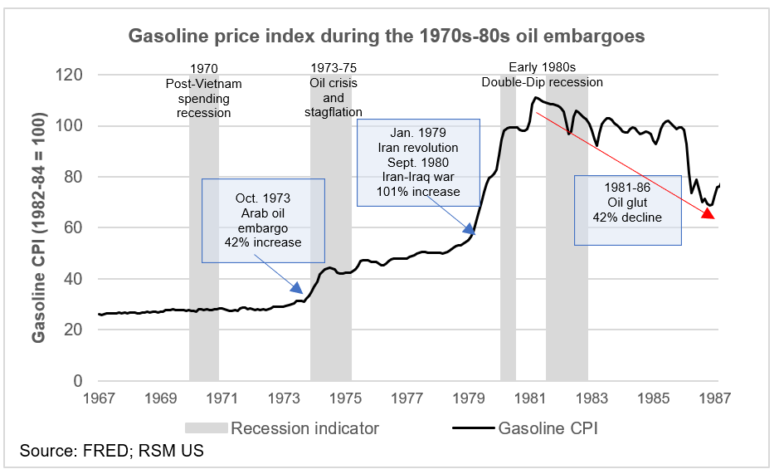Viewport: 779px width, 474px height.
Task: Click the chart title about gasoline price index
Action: [x=386, y=37]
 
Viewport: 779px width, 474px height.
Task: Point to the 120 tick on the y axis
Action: [x=71, y=76]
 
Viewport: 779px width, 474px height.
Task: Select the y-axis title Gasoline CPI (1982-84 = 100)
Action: [x=39, y=227]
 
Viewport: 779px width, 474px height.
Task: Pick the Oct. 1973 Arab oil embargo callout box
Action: [x=263, y=220]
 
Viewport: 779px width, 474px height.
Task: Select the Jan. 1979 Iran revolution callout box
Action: [x=418, y=162]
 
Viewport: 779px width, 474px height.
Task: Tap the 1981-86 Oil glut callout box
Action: [x=627, y=209]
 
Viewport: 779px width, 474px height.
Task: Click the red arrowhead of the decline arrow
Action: [x=708, y=213]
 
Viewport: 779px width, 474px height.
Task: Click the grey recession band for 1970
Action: [x=204, y=249]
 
